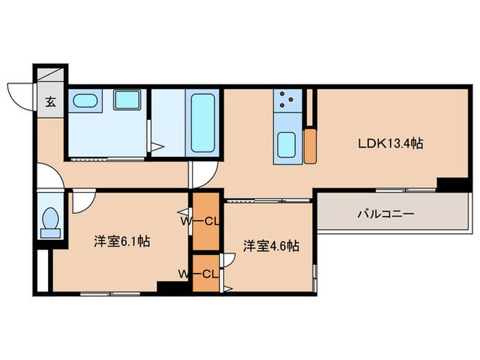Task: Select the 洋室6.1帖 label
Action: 122,241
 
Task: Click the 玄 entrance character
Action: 51,103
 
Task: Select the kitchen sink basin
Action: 286,146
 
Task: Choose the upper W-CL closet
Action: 204,221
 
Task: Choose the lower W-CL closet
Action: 205,274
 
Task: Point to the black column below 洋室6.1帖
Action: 168,288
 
